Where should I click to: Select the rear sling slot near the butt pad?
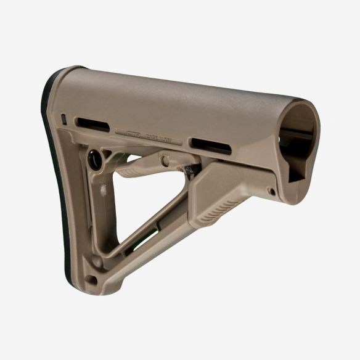pos(92,124)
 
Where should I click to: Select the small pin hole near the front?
pos(271,192)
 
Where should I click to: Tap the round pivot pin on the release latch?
pos(165,160)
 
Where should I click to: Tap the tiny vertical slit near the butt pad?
pos(64,117)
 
